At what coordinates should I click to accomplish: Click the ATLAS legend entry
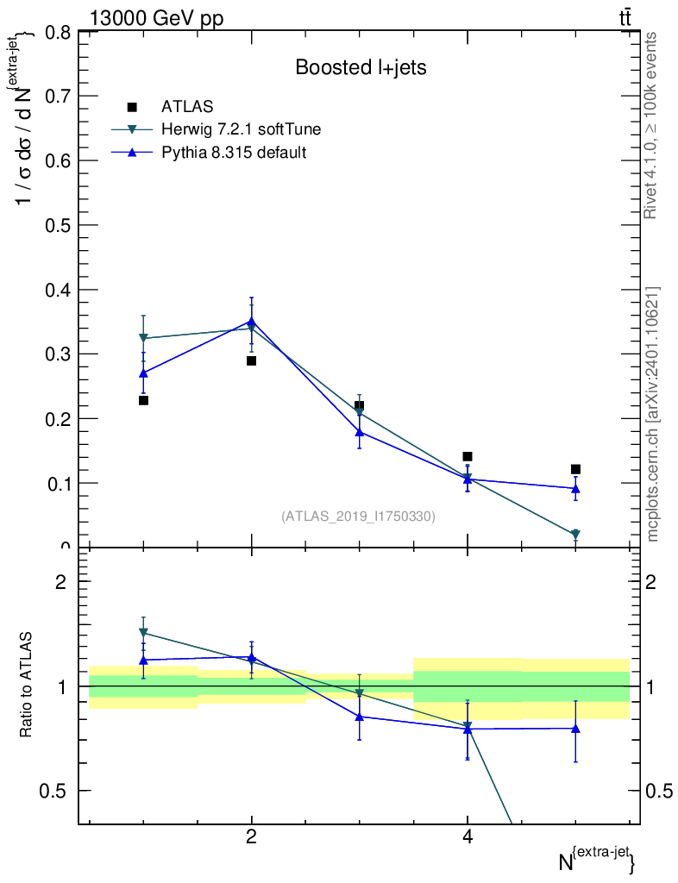pyautogui.click(x=187, y=107)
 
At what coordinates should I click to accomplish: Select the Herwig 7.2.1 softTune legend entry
pyautogui.click(x=241, y=129)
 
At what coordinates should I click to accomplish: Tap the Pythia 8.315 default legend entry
pyautogui.click(x=234, y=153)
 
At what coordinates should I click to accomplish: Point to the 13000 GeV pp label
pyautogui.click(x=157, y=18)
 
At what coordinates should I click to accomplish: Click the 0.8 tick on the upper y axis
pyautogui.click(x=56, y=32)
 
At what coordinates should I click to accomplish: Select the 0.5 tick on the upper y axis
pyautogui.click(x=56, y=225)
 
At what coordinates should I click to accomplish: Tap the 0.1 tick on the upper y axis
pyautogui.click(x=56, y=483)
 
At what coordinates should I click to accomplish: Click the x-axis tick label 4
pyautogui.click(x=467, y=836)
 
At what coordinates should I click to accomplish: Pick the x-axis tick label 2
pyautogui.click(x=251, y=836)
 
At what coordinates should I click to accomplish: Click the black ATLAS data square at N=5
pyautogui.click(x=575, y=469)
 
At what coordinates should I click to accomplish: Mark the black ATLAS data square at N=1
pyautogui.click(x=143, y=400)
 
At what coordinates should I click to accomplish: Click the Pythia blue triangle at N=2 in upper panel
pyautogui.click(x=251, y=321)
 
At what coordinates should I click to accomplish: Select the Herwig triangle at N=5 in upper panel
pyautogui.click(x=575, y=535)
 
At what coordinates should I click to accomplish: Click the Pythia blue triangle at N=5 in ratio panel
pyautogui.click(x=575, y=728)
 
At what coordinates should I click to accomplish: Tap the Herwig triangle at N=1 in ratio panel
pyautogui.click(x=143, y=632)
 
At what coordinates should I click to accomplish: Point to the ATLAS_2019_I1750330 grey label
pyautogui.click(x=358, y=516)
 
